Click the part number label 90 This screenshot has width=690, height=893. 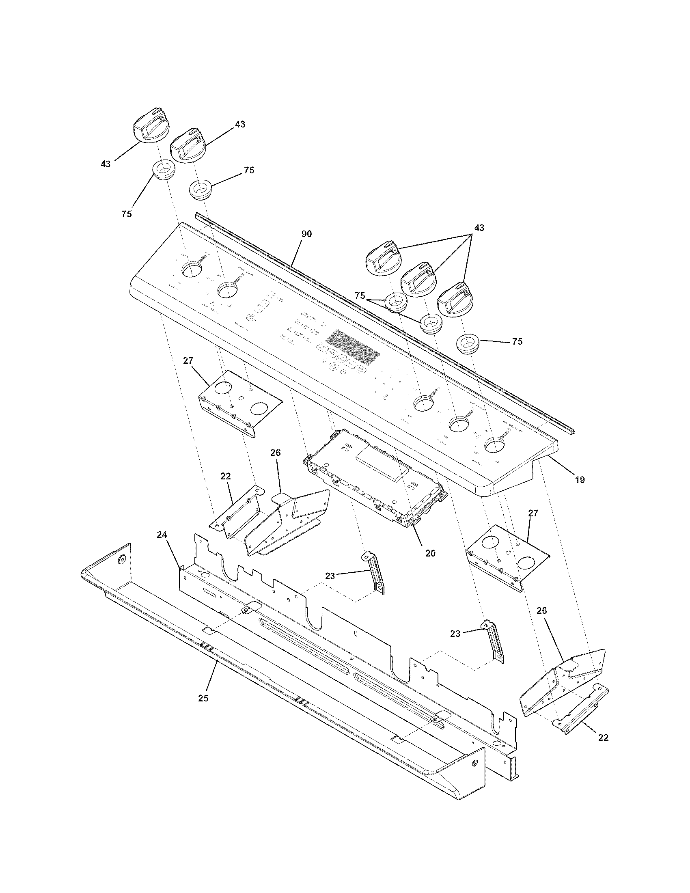point(306,234)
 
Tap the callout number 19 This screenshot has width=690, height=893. point(580,480)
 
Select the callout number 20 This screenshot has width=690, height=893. point(430,553)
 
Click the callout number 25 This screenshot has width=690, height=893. point(203,698)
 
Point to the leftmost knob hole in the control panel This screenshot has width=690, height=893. point(191,270)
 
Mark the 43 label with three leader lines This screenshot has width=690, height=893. point(479,227)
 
